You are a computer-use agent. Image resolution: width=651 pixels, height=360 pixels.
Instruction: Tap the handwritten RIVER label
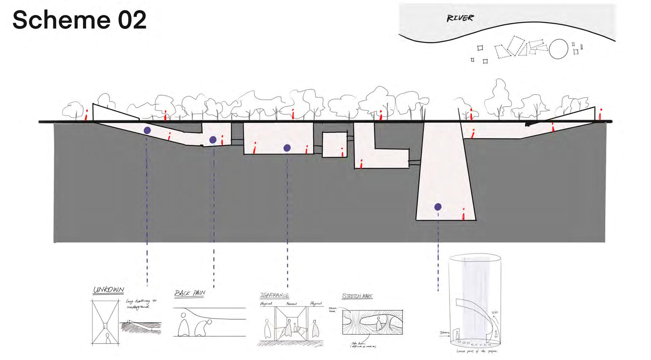point(460,18)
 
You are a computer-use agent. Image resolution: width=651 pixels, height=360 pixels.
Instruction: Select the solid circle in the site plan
point(558,49)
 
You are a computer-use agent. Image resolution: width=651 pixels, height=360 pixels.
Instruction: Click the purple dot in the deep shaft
point(438,207)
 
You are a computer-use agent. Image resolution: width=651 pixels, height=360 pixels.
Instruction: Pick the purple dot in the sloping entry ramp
point(147,130)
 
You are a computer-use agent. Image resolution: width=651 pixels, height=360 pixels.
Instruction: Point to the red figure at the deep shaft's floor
point(463,214)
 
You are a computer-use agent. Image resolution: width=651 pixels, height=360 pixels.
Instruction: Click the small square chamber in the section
point(335,145)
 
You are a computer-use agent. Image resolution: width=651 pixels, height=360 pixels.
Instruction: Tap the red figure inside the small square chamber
point(342,152)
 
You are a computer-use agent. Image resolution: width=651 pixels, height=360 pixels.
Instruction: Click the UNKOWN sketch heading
point(109,290)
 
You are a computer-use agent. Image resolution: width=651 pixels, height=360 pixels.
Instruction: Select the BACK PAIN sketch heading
point(190,293)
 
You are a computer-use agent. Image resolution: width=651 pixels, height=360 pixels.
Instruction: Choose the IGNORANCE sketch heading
point(274,295)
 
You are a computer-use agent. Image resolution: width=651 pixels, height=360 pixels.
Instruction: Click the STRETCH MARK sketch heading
point(357,296)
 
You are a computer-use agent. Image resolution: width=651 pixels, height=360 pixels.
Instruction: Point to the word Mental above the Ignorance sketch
point(291,304)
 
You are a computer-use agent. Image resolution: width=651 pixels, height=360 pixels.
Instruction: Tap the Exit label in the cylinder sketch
point(495,313)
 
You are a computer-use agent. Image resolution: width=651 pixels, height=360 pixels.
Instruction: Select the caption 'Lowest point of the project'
point(477,351)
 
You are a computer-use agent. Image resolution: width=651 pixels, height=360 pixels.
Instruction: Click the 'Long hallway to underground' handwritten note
point(141,304)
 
